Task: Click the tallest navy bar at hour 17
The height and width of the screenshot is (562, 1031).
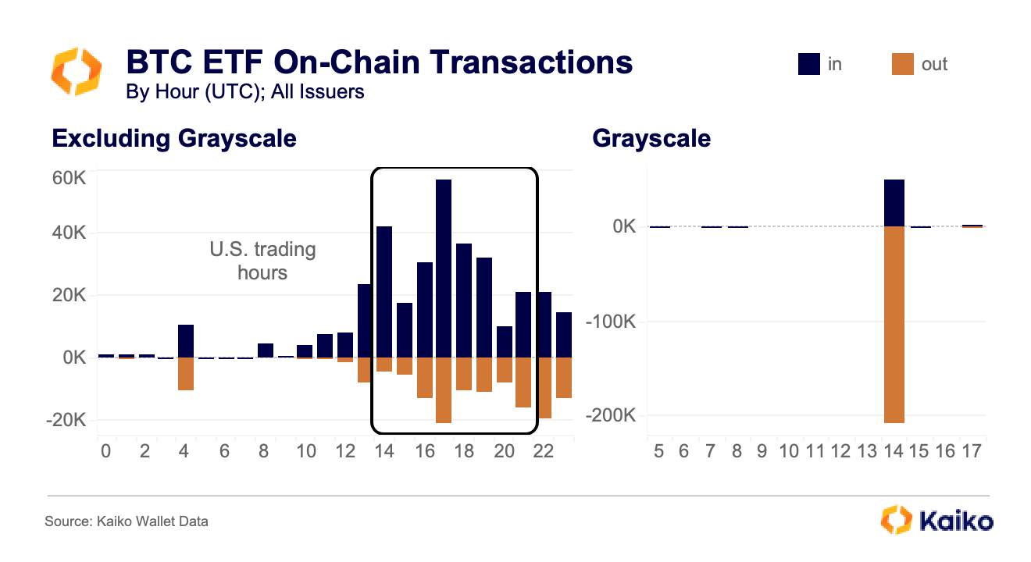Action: pyautogui.click(x=444, y=269)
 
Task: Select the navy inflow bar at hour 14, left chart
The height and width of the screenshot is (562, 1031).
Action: pyautogui.click(x=384, y=292)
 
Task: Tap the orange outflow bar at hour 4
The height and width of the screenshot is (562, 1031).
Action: pyautogui.click(x=185, y=373)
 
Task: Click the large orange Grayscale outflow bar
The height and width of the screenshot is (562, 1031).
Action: pyautogui.click(x=894, y=324)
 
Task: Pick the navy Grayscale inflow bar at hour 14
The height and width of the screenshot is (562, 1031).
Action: pyautogui.click(x=894, y=204)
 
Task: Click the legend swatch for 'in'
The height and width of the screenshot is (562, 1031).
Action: pyautogui.click(x=808, y=65)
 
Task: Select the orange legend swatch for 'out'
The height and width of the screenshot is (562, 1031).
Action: pyautogui.click(x=901, y=65)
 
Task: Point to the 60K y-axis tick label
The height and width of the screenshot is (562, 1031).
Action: pyautogui.click(x=70, y=178)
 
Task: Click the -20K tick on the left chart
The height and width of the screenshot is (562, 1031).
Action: pyautogui.click(x=68, y=421)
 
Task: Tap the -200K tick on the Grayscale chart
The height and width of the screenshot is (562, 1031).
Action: pyautogui.click(x=614, y=415)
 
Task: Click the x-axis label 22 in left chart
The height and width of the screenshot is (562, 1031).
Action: pyautogui.click(x=544, y=452)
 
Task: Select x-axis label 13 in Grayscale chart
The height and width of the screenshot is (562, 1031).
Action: pyautogui.click(x=867, y=452)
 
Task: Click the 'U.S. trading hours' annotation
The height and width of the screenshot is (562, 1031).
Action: pyautogui.click(x=262, y=261)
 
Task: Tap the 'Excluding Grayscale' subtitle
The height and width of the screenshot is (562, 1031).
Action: pyautogui.click(x=174, y=139)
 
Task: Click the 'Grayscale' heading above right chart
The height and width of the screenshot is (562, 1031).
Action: pyautogui.click(x=651, y=139)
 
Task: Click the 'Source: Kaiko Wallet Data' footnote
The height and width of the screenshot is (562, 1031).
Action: pyautogui.click(x=126, y=521)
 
